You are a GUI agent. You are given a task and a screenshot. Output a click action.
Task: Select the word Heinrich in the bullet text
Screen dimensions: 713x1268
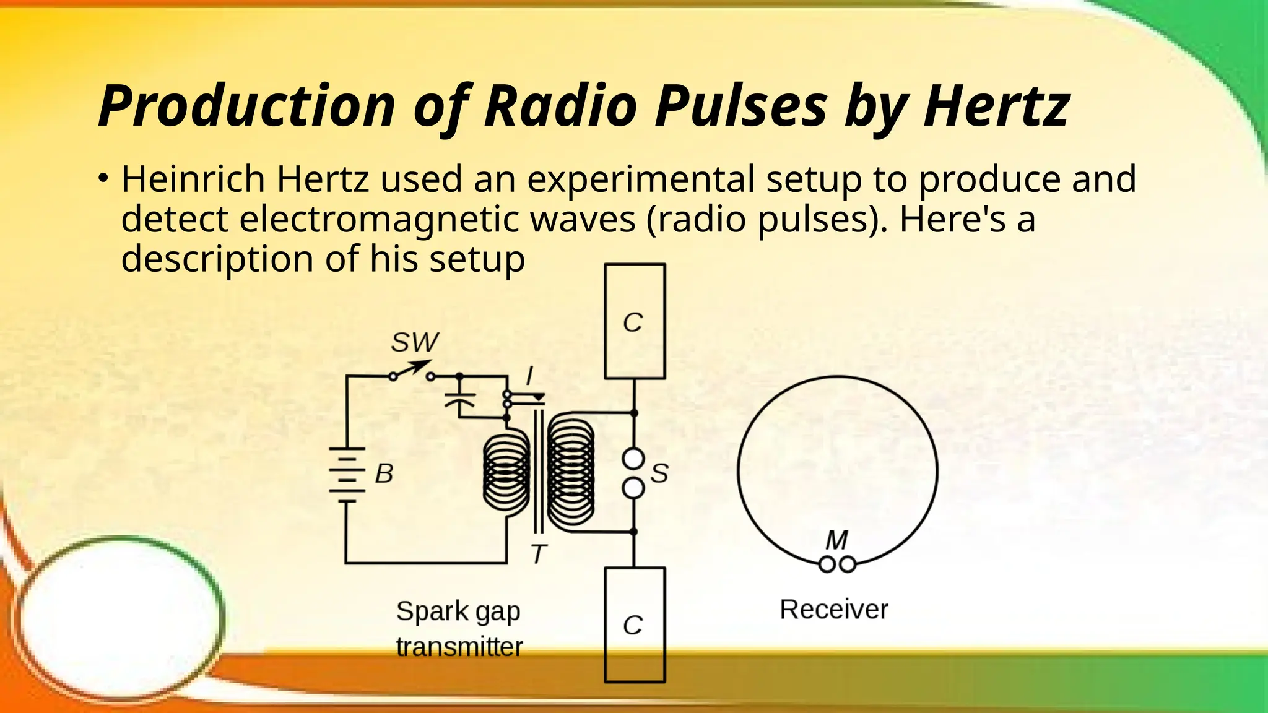[193, 179]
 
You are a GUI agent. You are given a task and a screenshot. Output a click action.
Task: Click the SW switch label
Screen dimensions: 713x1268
[415, 342]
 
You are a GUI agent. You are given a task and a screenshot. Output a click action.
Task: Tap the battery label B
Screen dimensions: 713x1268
[384, 473]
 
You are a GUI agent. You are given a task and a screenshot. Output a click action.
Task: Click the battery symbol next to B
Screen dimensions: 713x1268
[347, 475]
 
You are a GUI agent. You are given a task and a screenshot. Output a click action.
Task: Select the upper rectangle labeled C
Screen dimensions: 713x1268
[635, 321]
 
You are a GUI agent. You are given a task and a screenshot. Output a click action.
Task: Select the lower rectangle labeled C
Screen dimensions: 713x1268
[635, 624]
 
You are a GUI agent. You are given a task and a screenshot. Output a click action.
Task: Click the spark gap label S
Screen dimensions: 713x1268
[659, 473]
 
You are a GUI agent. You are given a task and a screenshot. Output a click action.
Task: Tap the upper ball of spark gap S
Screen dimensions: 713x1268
[633, 459]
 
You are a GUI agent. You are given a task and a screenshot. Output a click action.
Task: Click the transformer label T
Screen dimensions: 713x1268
[539, 554]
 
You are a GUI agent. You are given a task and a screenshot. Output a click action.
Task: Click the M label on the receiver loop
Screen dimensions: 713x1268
[836, 540]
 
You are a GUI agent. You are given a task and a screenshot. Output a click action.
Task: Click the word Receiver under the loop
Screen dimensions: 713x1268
[833, 610]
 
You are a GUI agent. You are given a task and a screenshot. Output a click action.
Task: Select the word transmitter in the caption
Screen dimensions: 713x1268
[459, 647]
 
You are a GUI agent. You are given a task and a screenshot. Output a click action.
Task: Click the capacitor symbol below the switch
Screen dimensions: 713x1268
[459, 399]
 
